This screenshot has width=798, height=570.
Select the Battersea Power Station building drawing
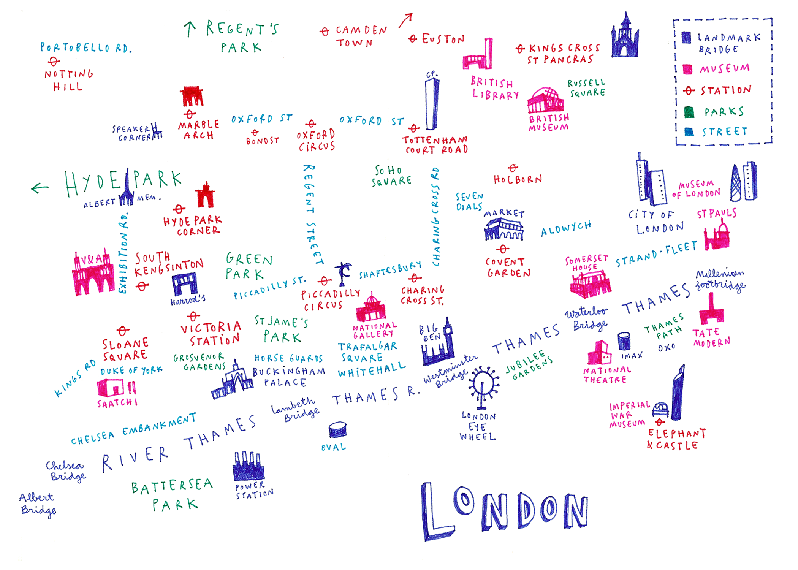pyautogui.click(x=249, y=467)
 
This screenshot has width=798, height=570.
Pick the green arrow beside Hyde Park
pyautogui.click(x=40, y=188)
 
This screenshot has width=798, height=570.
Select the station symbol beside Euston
pyautogui.click(x=413, y=39)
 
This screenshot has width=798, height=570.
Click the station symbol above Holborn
pyautogui.click(x=513, y=168)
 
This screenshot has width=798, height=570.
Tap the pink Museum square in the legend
pyautogui.click(x=687, y=69)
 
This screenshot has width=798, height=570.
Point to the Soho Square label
pyautogui.click(x=391, y=176)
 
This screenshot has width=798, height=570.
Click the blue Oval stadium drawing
pyautogui.click(x=337, y=429)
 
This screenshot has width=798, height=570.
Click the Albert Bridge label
pyautogui.click(x=38, y=503)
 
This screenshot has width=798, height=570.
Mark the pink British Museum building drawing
pyautogui.click(x=545, y=101)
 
